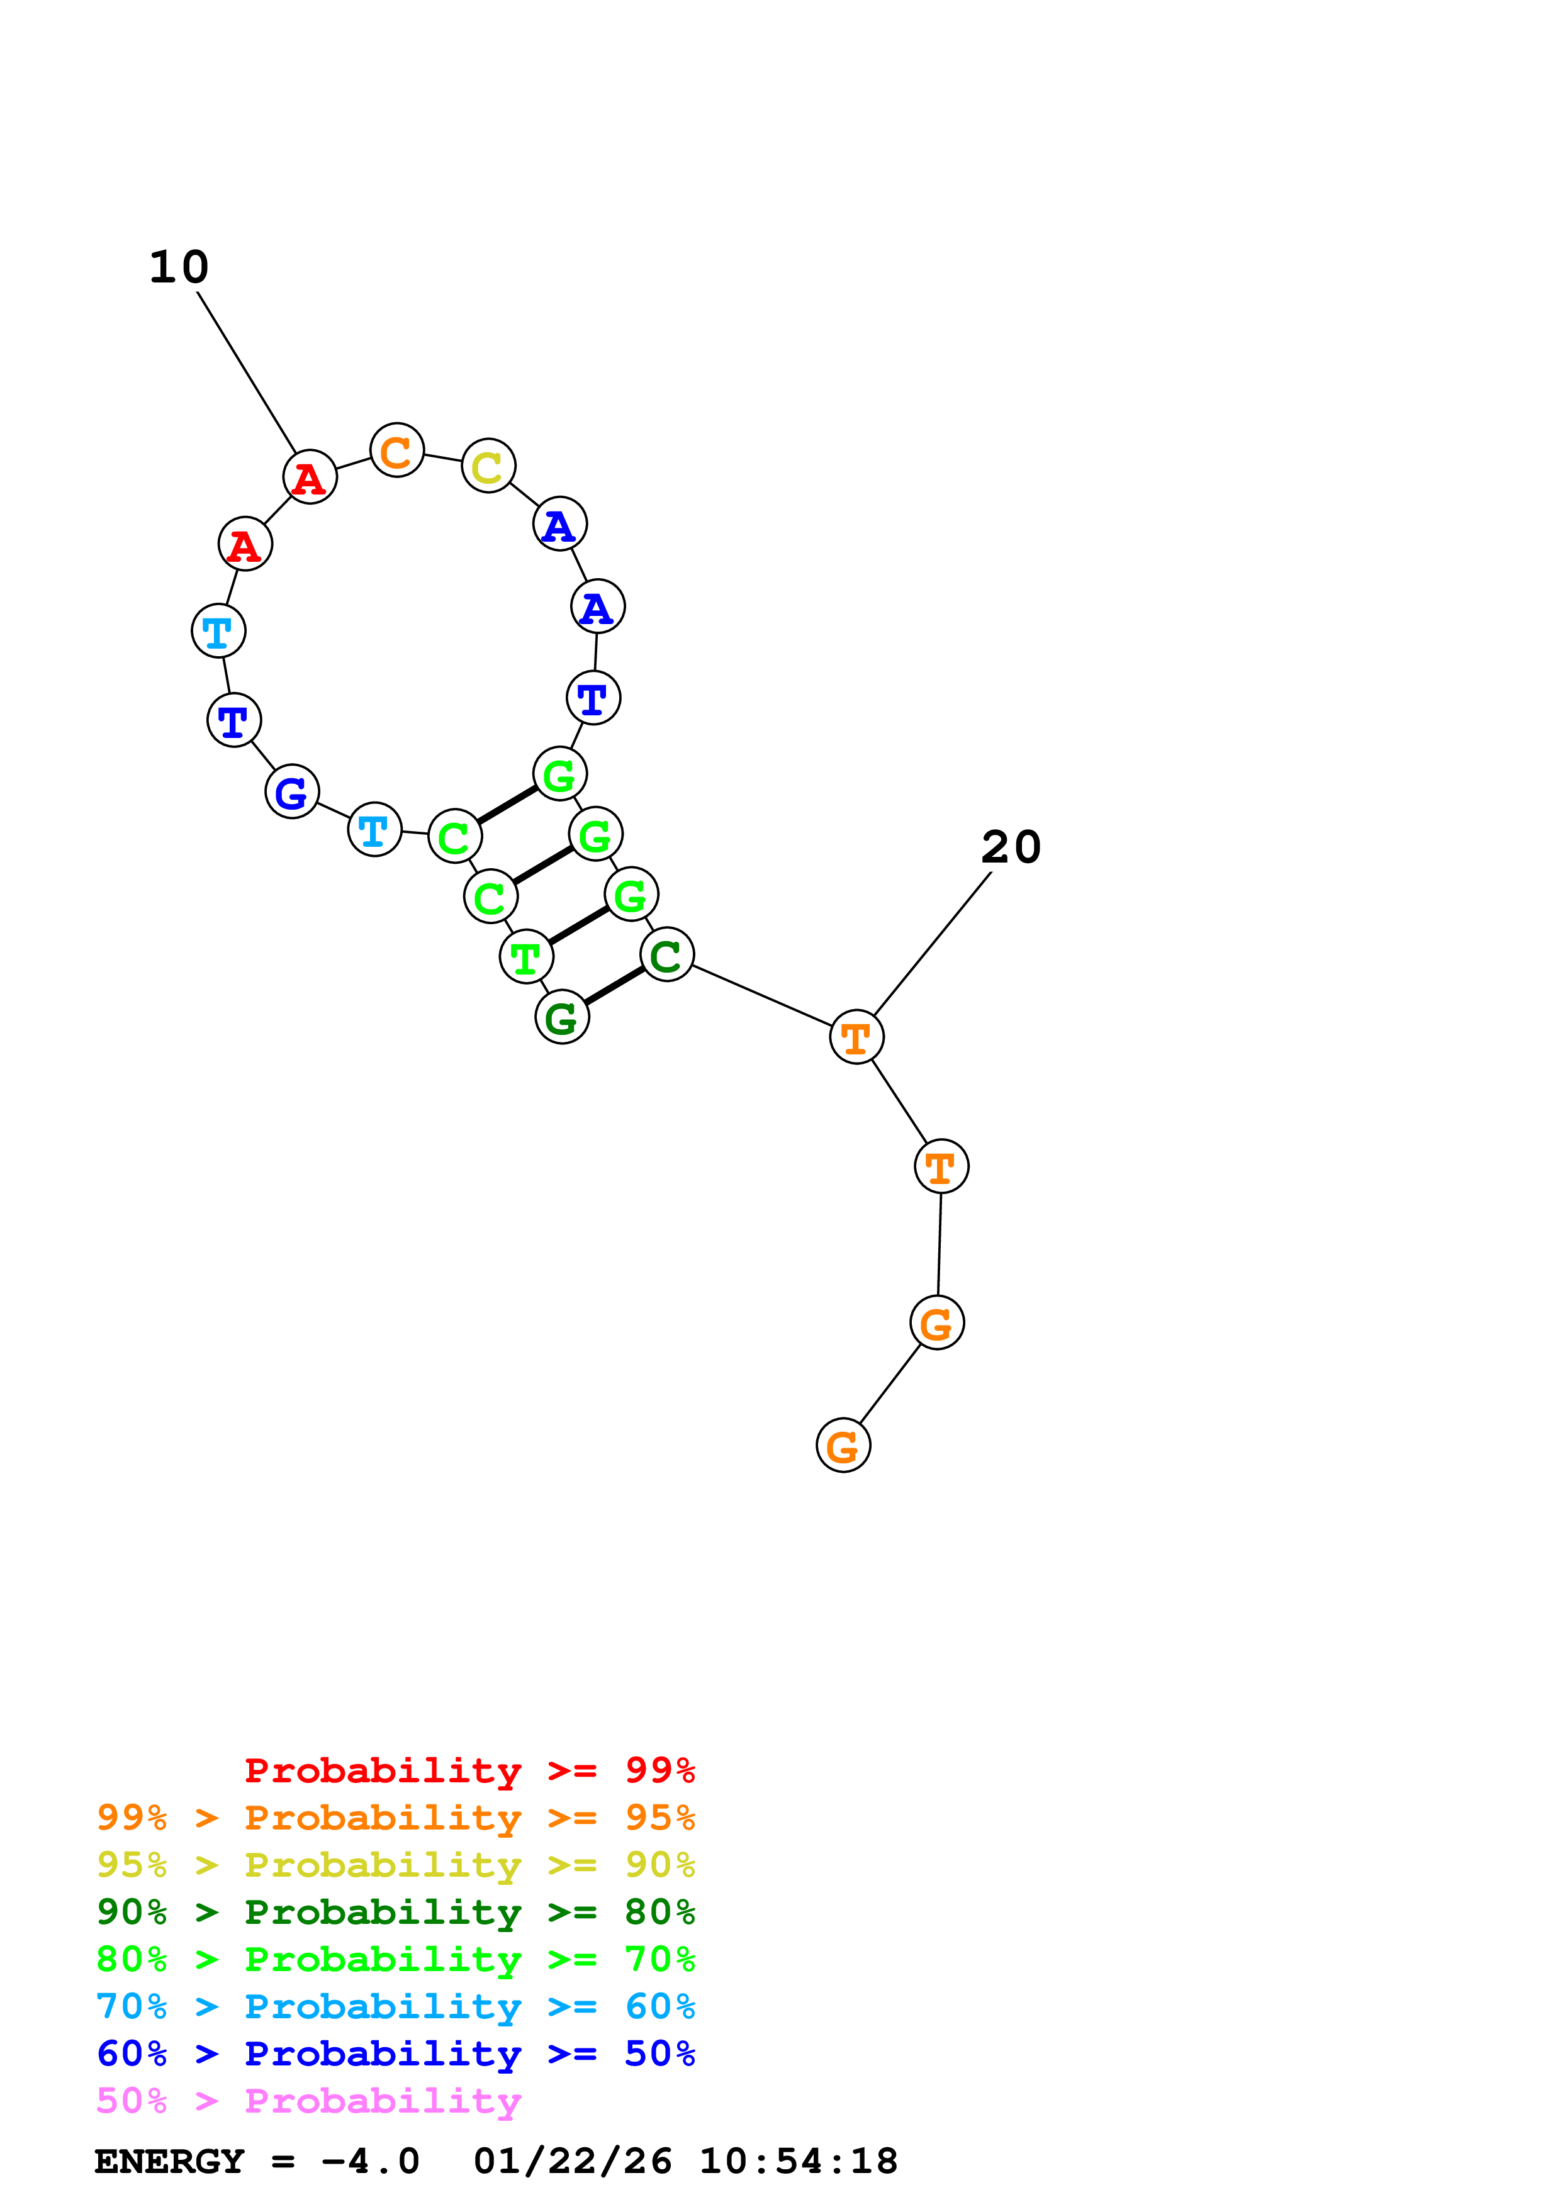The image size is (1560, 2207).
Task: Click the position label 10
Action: (179, 267)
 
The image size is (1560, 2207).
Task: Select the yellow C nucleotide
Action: (488, 466)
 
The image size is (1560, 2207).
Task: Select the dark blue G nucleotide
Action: (291, 792)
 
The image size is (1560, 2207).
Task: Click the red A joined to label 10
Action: (310, 477)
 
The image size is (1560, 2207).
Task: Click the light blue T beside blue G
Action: (374, 830)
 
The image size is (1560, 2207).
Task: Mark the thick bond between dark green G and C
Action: (614, 986)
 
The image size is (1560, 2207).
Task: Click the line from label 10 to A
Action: (247, 373)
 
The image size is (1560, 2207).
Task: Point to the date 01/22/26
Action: (573, 2161)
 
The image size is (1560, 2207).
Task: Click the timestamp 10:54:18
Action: (798, 2161)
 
